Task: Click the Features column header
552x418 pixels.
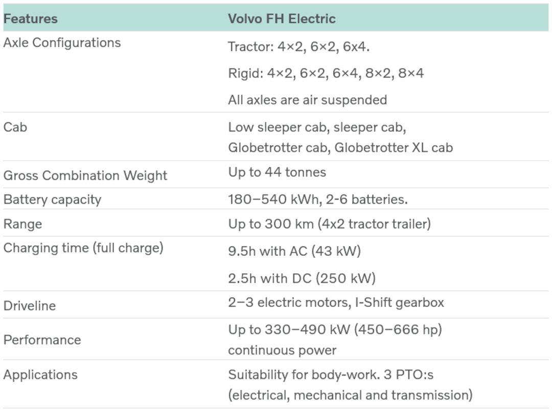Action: click(30, 19)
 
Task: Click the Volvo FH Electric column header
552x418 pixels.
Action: click(282, 19)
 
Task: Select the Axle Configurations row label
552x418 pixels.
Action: click(62, 43)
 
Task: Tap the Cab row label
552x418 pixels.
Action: click(15, 127)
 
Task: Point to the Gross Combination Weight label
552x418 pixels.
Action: click(85, 175)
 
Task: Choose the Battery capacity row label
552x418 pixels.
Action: click(53, 200)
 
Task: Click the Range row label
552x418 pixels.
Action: click(22, 224)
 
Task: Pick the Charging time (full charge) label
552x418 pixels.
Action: click(83, 248)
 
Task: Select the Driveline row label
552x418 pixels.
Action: click(30, 305)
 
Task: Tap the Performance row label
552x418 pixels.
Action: click(42, 340)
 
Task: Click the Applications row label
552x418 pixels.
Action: click(40, 375)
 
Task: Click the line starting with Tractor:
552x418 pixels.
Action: click(298, 47)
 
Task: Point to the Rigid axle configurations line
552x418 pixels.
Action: click(326, 73)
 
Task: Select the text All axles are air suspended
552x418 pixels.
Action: click(307, 100)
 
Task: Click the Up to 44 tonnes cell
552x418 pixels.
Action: click(277, 172)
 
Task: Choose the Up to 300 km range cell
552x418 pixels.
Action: click(330, 224)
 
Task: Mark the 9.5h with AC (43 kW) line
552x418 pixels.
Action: click(294, 251)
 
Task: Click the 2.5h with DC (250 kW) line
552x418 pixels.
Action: click(302, 278)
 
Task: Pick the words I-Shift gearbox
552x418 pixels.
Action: click(400, 303)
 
